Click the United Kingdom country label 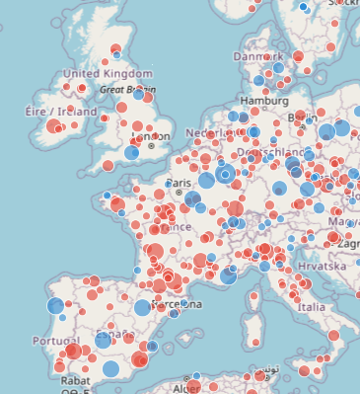click(x=108, y=74)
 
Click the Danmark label click(x=257, y=57)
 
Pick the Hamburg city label click(x=263, y=100)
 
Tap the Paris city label click(x=178, y=183)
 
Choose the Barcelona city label click(x=177, y=303)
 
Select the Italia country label click(x=311, y=307)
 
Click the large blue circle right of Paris click(x=207, y=180)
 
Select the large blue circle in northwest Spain click(x=56, y=306)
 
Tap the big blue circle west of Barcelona click(x=142, y=307)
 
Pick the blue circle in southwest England click(x=131, y=153)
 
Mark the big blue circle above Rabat click(x=110, y=369)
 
